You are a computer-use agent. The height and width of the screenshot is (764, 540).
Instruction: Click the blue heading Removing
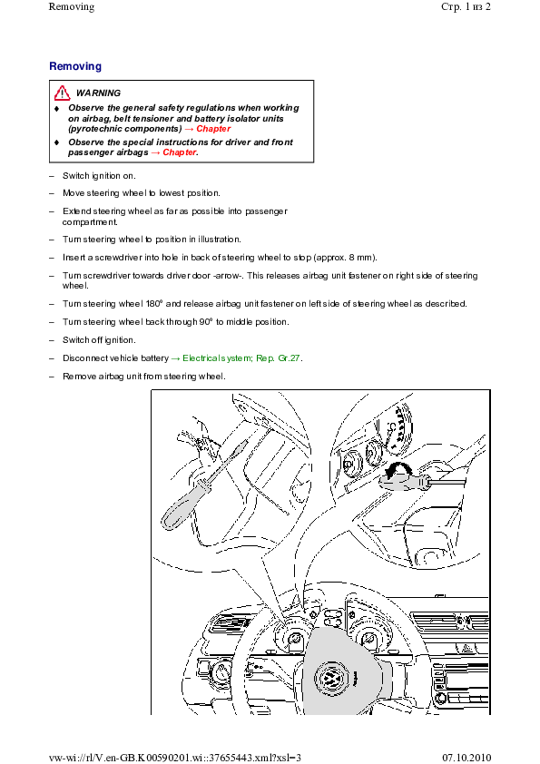pyautogui.click(x=75, y=66)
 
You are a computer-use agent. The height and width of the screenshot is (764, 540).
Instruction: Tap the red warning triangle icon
pyautogui.click(x=62, y=93)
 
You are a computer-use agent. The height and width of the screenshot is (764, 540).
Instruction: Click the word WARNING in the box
pyautogui.click(x=98, y=93)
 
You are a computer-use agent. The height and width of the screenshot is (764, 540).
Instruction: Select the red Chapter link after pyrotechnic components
pyautogui.click(x=213, y=129)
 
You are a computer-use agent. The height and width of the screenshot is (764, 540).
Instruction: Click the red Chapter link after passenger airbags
pyautogui.click(x=180, y=152)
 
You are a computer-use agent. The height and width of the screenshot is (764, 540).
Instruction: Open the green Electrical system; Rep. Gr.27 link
pyautogui.click(x=241, y=358)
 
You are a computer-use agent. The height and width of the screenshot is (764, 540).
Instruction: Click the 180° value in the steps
pyautogui.click(x=153, y=304)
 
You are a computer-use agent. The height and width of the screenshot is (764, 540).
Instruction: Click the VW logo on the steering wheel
pyautogui.click(x=331, y=678)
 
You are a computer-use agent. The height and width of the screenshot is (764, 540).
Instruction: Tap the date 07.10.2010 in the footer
pyautogui.click(x=466, y=757)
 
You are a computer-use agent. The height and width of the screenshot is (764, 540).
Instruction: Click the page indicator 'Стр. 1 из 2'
pyautogui.click(x=466, y=7)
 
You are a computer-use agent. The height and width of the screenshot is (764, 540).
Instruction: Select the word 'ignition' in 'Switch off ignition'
pyautogui.click(x=119, y=340)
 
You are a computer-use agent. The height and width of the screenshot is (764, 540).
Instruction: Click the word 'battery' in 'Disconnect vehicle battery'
pyautogui.click(x=154, y=358)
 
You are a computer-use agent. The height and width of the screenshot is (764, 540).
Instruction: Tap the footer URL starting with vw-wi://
pyautogui.click(x=175, y=757)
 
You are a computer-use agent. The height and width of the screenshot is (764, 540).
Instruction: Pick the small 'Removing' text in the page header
pyautogui.click(x=72, y=7)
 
